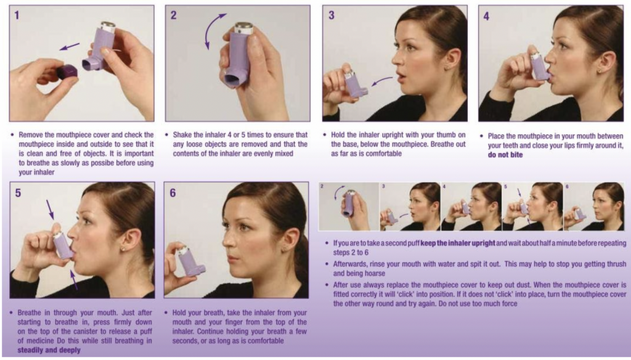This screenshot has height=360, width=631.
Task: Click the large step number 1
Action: (x=17, y=15)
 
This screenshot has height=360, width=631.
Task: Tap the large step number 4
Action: (x=487, y=16)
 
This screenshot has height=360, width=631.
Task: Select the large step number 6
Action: (x=173, y=193)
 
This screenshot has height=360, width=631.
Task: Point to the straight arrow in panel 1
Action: (x=70, y=47)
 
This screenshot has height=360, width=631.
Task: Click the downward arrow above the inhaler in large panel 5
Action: (x=50, y=210)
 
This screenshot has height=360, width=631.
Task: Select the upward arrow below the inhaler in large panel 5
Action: (x=74, y=280)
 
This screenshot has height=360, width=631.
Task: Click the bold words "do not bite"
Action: (x=505, y=155)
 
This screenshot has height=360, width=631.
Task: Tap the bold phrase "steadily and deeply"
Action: (x=49, y=350)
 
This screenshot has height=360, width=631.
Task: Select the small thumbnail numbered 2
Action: (x=349, y=207)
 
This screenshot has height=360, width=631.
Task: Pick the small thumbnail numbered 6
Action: (x=594, y=207)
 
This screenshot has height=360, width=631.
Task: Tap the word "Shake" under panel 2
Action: (x=182, y=134)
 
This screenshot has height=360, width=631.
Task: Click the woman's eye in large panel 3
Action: (x=410, y=47)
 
